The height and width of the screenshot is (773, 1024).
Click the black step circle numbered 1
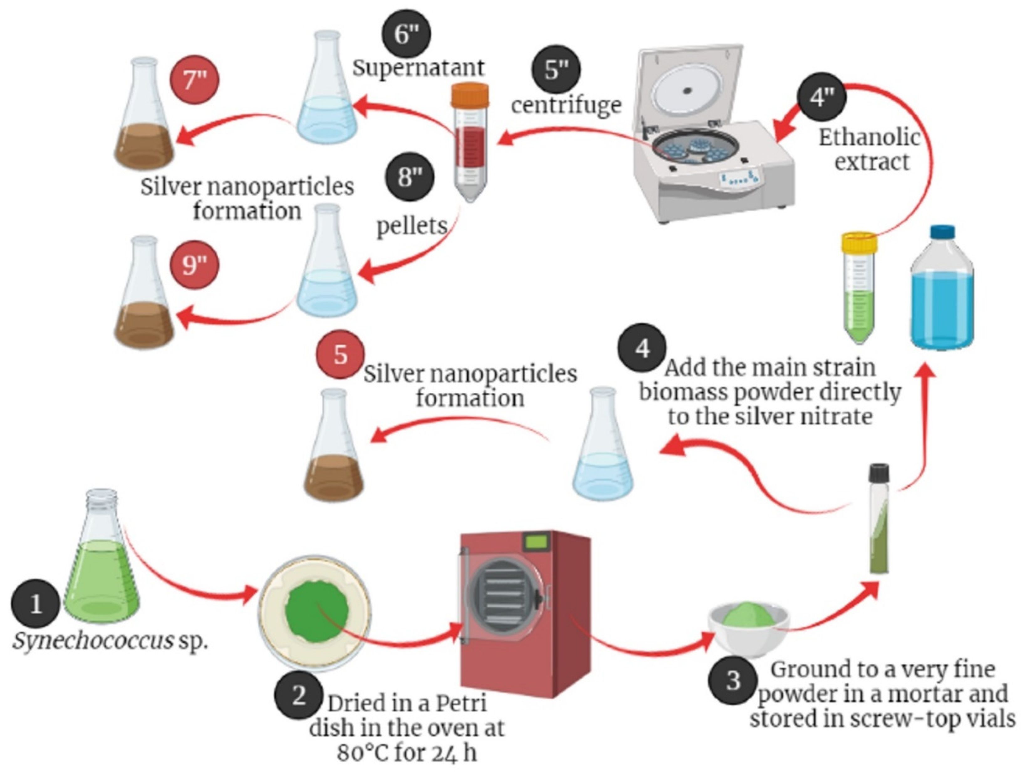(35, 604)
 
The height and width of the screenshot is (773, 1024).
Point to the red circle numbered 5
(340, 354)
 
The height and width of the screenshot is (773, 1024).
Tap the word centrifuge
(566, 105)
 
